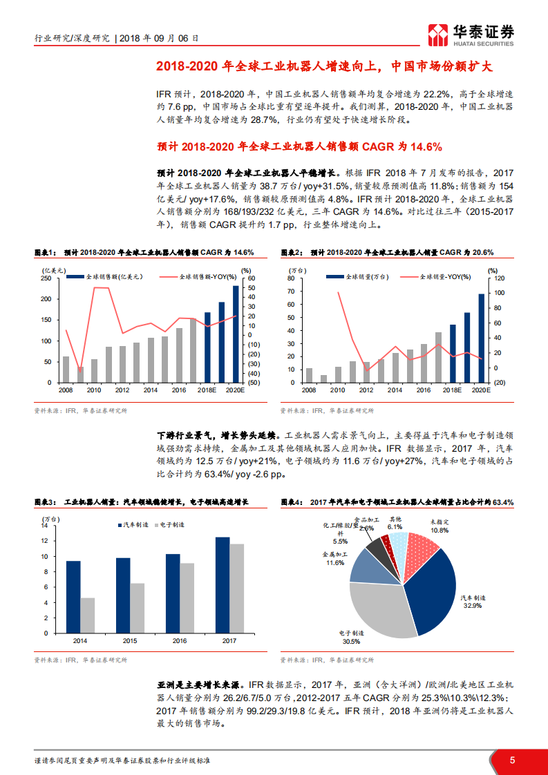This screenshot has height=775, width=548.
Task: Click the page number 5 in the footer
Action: tap(512, 760)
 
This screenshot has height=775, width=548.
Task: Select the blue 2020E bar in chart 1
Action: tap(236, 334)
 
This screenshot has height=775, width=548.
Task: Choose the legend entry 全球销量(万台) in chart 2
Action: tap(366, 276)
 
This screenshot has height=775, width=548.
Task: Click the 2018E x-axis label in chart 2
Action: tap(453, 390)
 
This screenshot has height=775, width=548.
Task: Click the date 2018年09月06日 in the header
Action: tap(160, 39)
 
